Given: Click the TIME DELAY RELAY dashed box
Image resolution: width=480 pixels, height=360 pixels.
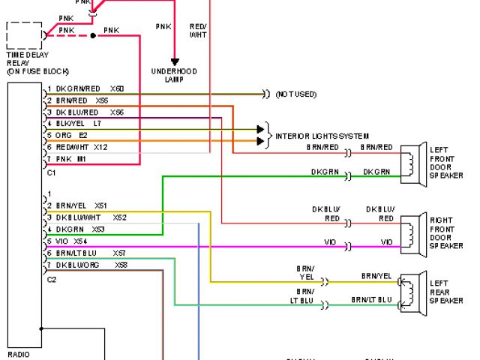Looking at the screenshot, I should pos(24,36).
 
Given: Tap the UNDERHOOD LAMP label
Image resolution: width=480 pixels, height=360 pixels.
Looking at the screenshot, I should pos(174,75).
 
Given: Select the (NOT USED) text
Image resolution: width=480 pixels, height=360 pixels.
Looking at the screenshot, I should pos(295,94).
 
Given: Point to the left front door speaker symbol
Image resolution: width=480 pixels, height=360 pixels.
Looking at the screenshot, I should pos(410,163).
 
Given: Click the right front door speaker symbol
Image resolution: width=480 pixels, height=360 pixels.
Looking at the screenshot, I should pos(410,232).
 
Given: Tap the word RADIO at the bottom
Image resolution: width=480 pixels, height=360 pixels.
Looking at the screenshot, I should pos(19,354).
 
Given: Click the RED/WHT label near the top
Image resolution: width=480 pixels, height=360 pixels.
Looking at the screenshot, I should pos(197,30).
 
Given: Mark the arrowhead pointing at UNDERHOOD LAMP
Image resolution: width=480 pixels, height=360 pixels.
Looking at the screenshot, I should pos(174,62).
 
